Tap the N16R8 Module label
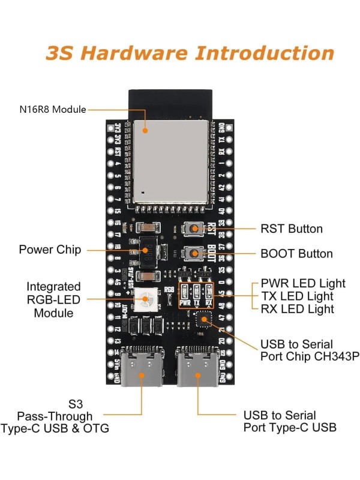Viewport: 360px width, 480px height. [x=52, y=109]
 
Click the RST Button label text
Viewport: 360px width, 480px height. [x=292, y=229]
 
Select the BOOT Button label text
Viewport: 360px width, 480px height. [x=296, y=254]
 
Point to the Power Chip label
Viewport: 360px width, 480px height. [x=50, y=250]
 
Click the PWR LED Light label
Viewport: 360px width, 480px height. [x=303, y=283]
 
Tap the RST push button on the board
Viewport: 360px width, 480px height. [x=194, y=229]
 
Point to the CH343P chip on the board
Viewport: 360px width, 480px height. [x=205, y=318]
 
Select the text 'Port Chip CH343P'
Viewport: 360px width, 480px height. [x=310, y=358]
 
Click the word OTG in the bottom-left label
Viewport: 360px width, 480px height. [x=98, y=428]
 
